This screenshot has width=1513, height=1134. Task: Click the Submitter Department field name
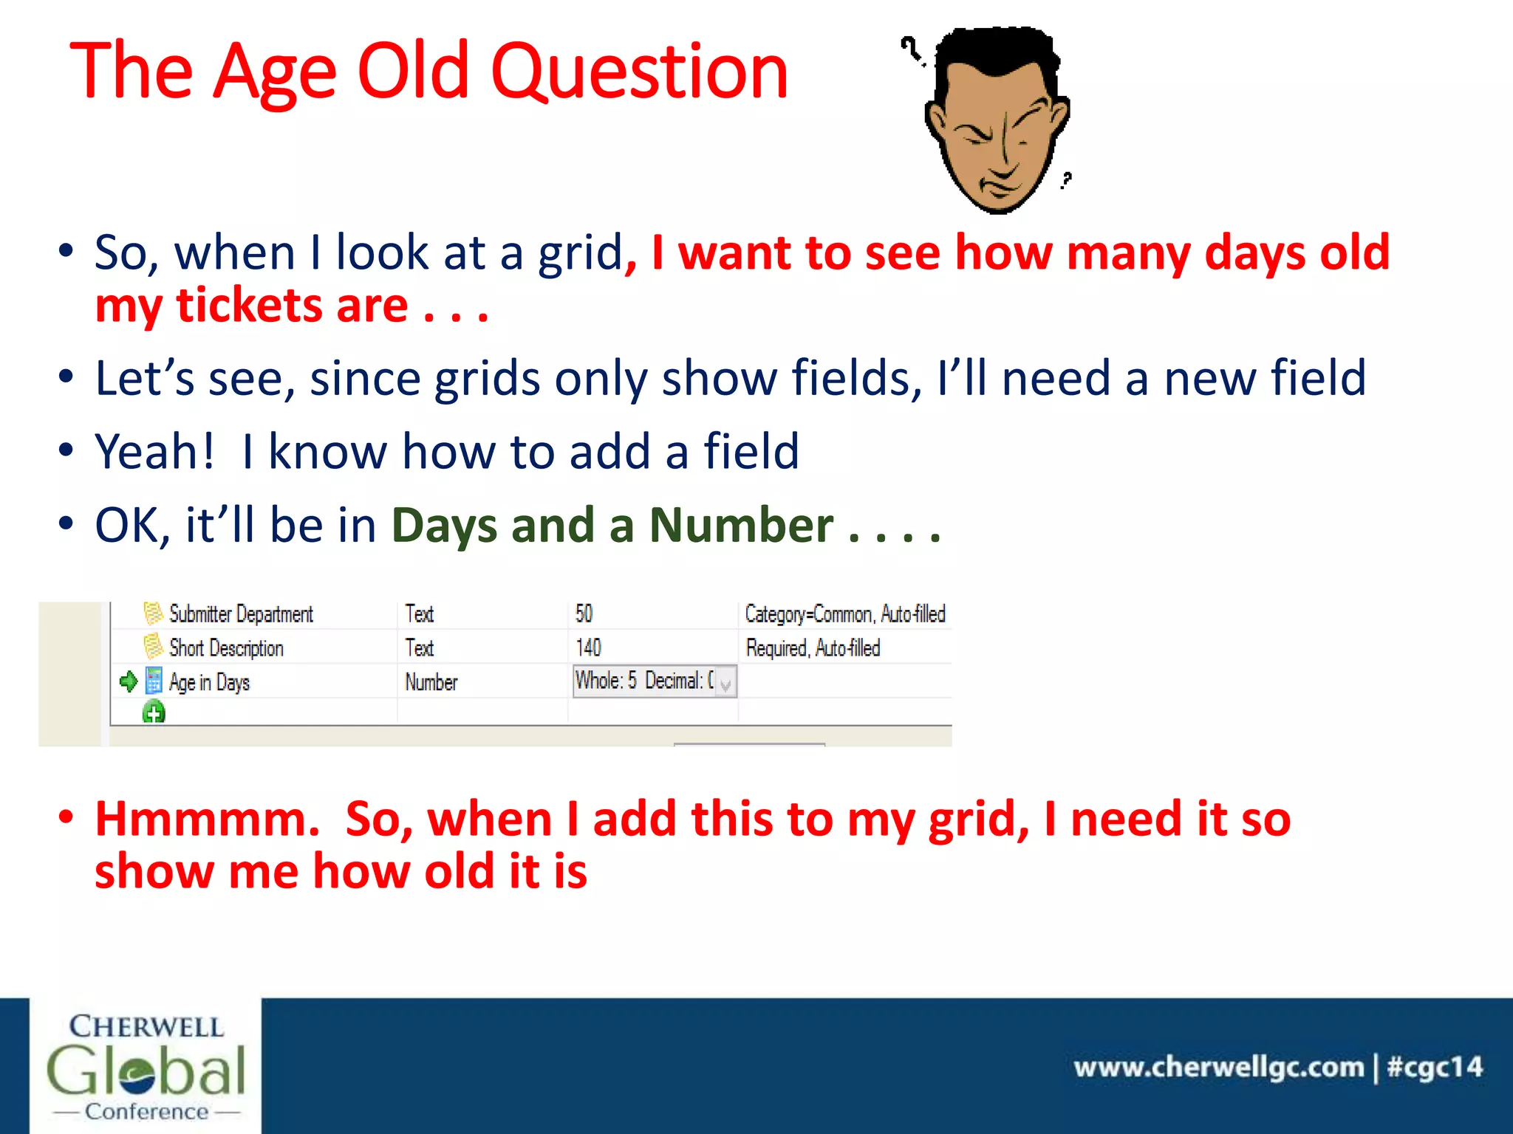coord(241,614)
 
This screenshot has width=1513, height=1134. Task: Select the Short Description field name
coord(226,648)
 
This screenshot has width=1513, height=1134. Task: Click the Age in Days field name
coord(209,682)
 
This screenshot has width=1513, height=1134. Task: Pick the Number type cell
coord(431,682)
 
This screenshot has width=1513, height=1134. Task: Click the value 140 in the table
coord(588,648)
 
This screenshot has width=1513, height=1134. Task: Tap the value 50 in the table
coord(584,614)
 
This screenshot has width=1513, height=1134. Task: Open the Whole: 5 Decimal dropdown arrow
coord(725,683)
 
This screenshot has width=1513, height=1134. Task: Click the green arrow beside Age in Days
coord(129,681)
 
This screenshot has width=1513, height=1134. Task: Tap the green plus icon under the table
coord(154,713)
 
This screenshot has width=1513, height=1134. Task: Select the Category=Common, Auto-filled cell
coord(844,614)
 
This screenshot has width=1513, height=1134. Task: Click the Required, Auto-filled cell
coord(813,648)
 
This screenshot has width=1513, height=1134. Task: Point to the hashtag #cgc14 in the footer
coord(1435,1067)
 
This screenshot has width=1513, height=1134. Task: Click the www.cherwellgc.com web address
coord(1218,1067)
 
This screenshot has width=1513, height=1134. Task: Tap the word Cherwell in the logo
coord(146,1026)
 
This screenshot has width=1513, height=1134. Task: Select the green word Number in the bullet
coord(741,525)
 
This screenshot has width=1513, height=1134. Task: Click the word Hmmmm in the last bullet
coord(207,819)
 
